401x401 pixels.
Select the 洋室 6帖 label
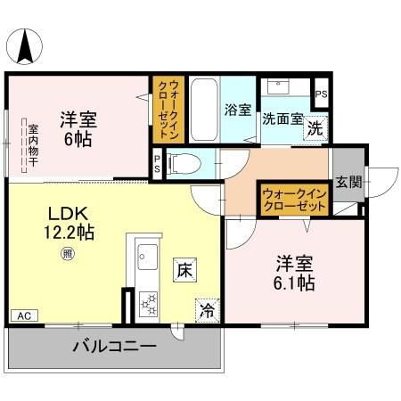point(78,128)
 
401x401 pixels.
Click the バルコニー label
point(113,346)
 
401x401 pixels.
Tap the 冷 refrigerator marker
point(207,310)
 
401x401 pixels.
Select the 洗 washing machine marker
point(315,127)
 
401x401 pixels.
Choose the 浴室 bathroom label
point(237,110)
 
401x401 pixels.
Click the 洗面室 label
point(282,117)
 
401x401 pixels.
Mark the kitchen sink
point(146,260)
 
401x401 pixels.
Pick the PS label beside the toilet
point(158,163)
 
